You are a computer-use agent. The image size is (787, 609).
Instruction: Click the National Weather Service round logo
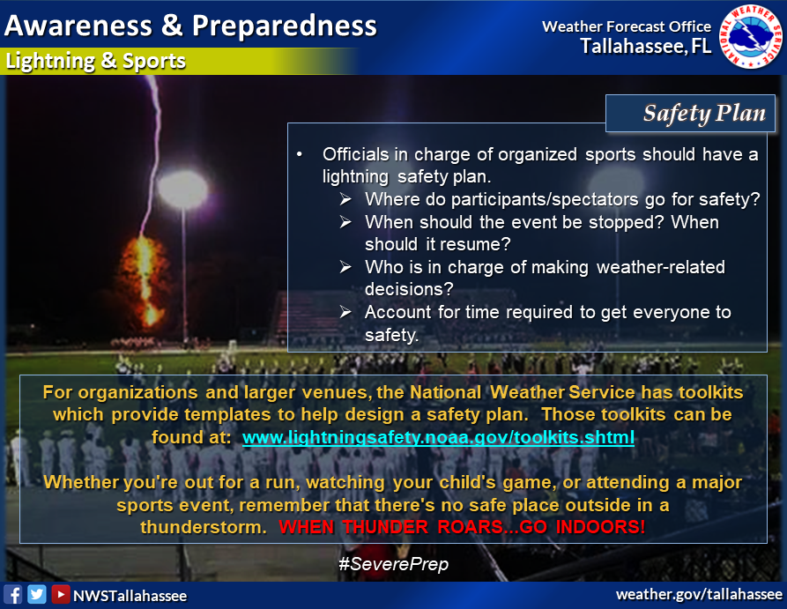coord(750,36)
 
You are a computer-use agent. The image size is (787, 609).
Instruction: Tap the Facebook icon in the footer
coord(12,595)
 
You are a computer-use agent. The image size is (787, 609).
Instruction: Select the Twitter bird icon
coord(37,594)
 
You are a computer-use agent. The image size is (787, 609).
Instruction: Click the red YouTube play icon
coord(60,594)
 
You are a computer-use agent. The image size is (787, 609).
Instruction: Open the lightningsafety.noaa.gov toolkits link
coord(438,437)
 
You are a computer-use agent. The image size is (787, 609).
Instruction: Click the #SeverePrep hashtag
coord(393,564)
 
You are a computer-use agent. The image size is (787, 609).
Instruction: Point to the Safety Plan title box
coord(690,114)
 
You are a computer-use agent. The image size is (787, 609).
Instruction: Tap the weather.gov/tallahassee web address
coord(699,594)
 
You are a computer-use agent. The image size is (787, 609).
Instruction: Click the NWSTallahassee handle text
coord(130,596)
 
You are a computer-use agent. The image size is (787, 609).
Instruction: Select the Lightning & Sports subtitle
coord(95,61)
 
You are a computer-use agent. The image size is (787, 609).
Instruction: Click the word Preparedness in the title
coord(285,26)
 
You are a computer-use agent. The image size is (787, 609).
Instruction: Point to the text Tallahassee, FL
coord(646,46)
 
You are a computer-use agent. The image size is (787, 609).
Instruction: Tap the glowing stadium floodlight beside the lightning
coord(182,189)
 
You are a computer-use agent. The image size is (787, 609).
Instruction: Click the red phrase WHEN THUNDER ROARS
coord(391,527)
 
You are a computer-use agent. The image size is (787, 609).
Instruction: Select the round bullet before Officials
coord(300,154)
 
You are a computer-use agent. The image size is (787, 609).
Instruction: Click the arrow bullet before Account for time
coord(345,312)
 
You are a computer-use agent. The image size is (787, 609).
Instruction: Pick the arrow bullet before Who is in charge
coord(345,267)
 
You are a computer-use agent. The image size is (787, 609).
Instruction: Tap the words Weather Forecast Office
coord(627,26)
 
